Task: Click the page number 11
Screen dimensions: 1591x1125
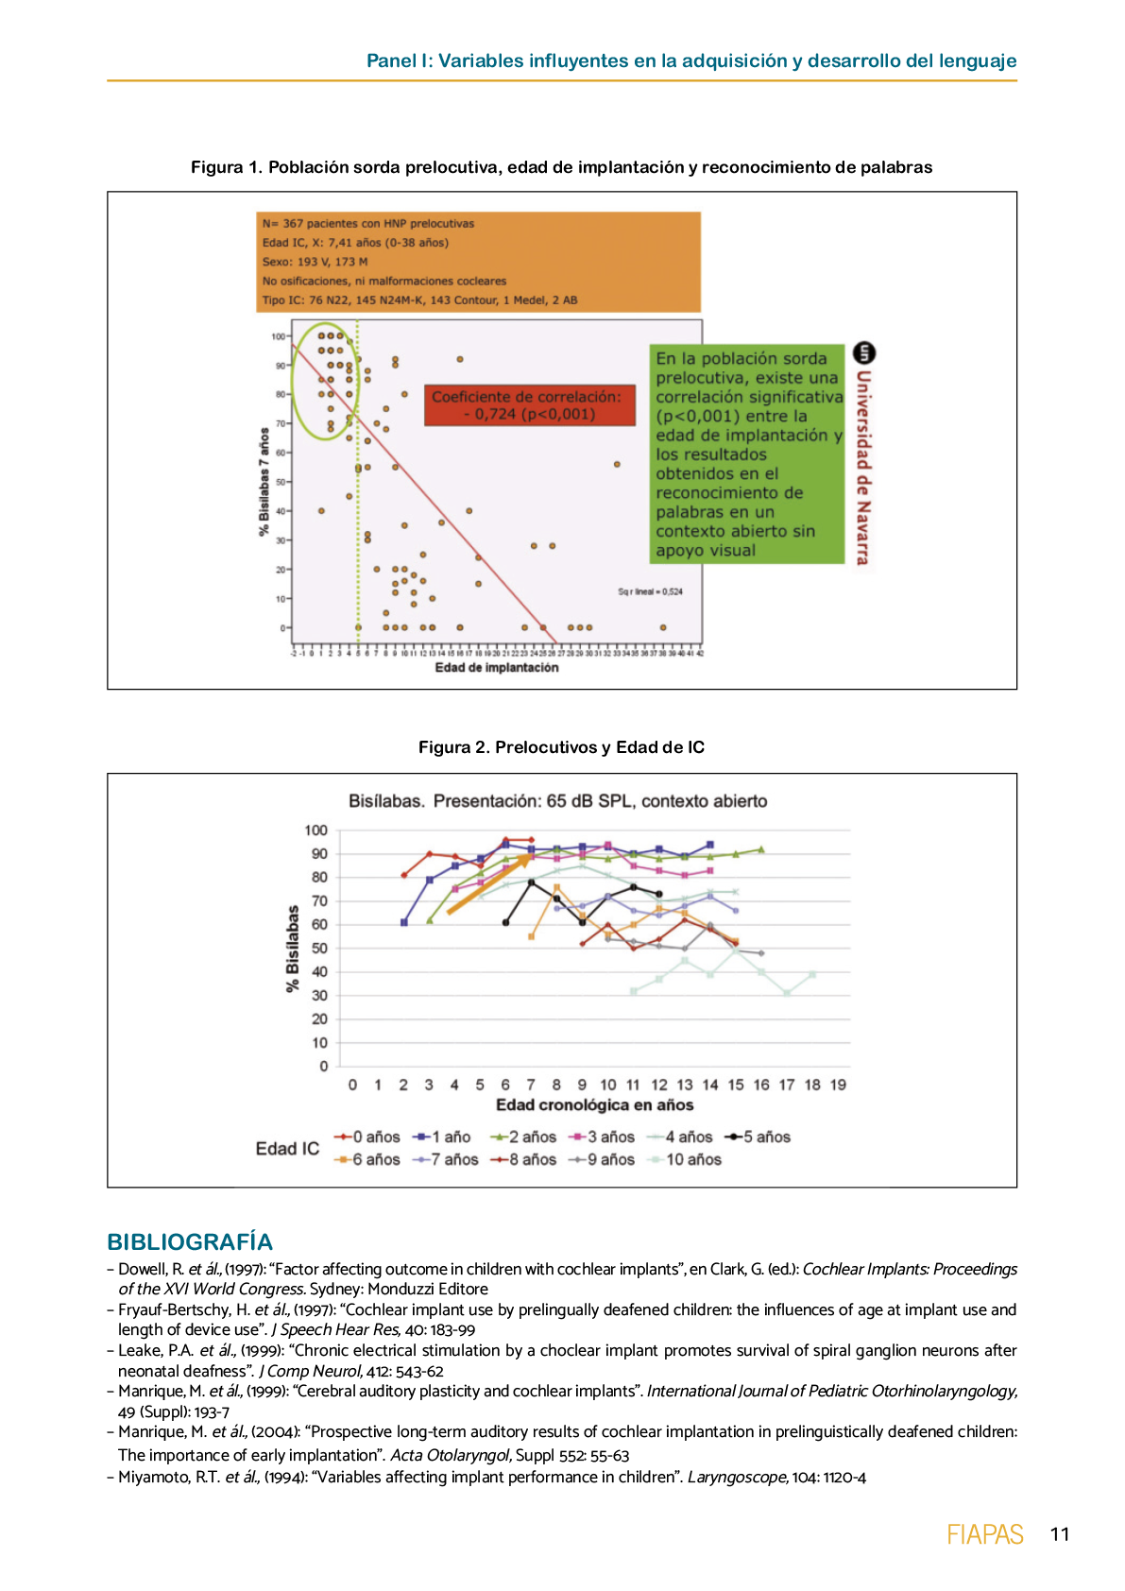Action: pos(1059,1533)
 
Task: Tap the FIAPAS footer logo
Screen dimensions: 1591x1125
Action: pos(984,1534)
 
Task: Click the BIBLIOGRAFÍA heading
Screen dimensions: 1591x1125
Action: pos(190,1241)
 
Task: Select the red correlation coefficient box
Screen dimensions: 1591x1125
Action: pos(528,405)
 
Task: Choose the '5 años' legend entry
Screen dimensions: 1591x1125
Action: pos(758,1137)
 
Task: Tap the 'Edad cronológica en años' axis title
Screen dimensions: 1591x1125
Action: pos(594,1104)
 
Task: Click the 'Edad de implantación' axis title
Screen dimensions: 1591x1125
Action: pos(496,668)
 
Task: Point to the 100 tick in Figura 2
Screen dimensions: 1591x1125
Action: pos(315,830)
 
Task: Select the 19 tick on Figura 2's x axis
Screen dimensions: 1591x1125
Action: pos(838,1085)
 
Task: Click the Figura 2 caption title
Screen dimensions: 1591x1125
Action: pos(561,747)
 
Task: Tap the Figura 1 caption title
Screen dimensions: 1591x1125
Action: pos(561,167)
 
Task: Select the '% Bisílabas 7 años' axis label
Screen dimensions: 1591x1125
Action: pos(264,482)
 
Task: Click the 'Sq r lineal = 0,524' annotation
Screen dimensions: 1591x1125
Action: pos(650,591)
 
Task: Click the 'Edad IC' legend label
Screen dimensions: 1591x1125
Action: pos(287,1148)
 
